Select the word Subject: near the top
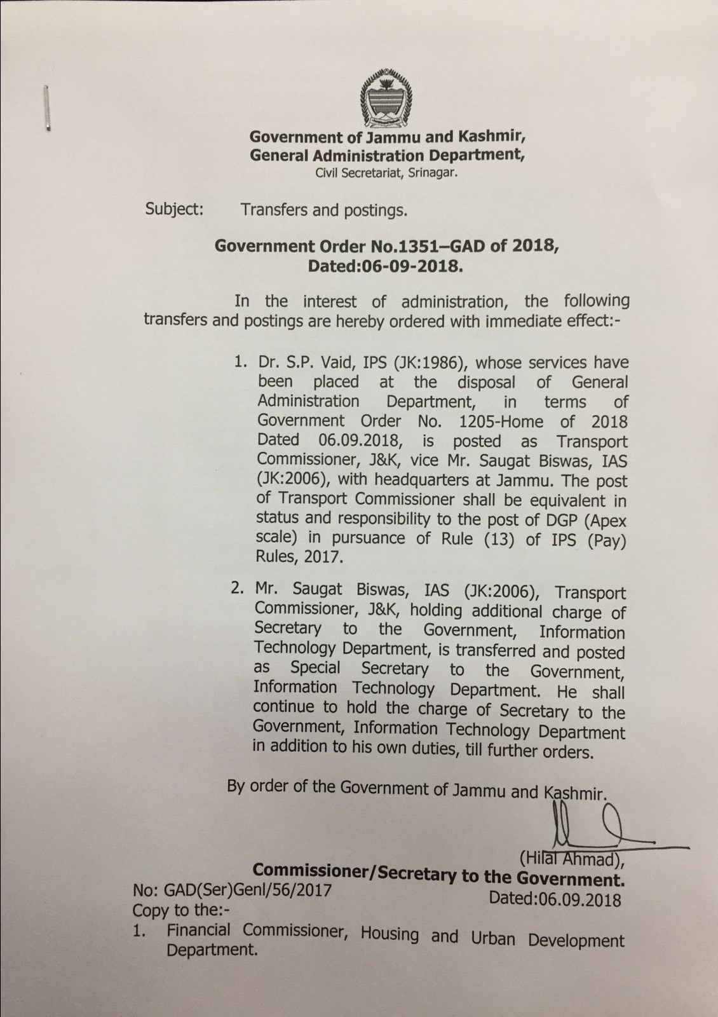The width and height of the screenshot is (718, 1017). point(174,209)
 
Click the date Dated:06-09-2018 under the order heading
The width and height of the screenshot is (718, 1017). point(385,266)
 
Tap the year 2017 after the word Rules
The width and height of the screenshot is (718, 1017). point(323,557)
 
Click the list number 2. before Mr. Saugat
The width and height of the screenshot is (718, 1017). point(237,589)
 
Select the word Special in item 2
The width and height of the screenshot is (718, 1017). point(315,668)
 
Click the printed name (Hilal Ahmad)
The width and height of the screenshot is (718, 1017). point(571,859)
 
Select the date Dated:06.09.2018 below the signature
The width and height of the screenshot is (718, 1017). point(555,899)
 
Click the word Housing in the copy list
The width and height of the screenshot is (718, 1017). point(389,934)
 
